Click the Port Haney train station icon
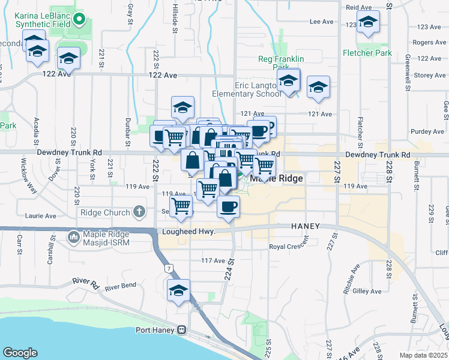tap(180, 330)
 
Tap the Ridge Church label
tap(105, 212)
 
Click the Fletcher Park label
tap(367, 53)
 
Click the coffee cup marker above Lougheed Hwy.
tap(228, 208)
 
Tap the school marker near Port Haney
tap(178, 290)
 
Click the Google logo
tap(20, 353)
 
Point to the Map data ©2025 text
tap(424, 355)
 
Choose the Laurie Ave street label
tap(40, 215)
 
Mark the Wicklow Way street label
tap(26, 172)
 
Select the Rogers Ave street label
tap(430, 43)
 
